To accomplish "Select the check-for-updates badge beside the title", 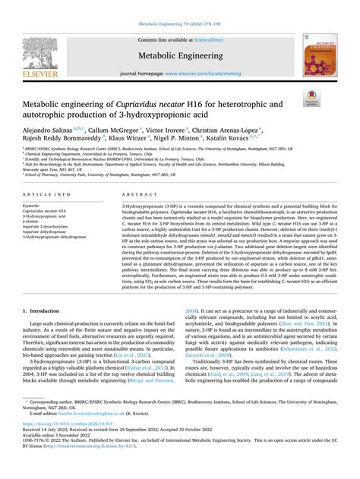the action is (x=311, y=97).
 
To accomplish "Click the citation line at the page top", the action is (x=180, y=24).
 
